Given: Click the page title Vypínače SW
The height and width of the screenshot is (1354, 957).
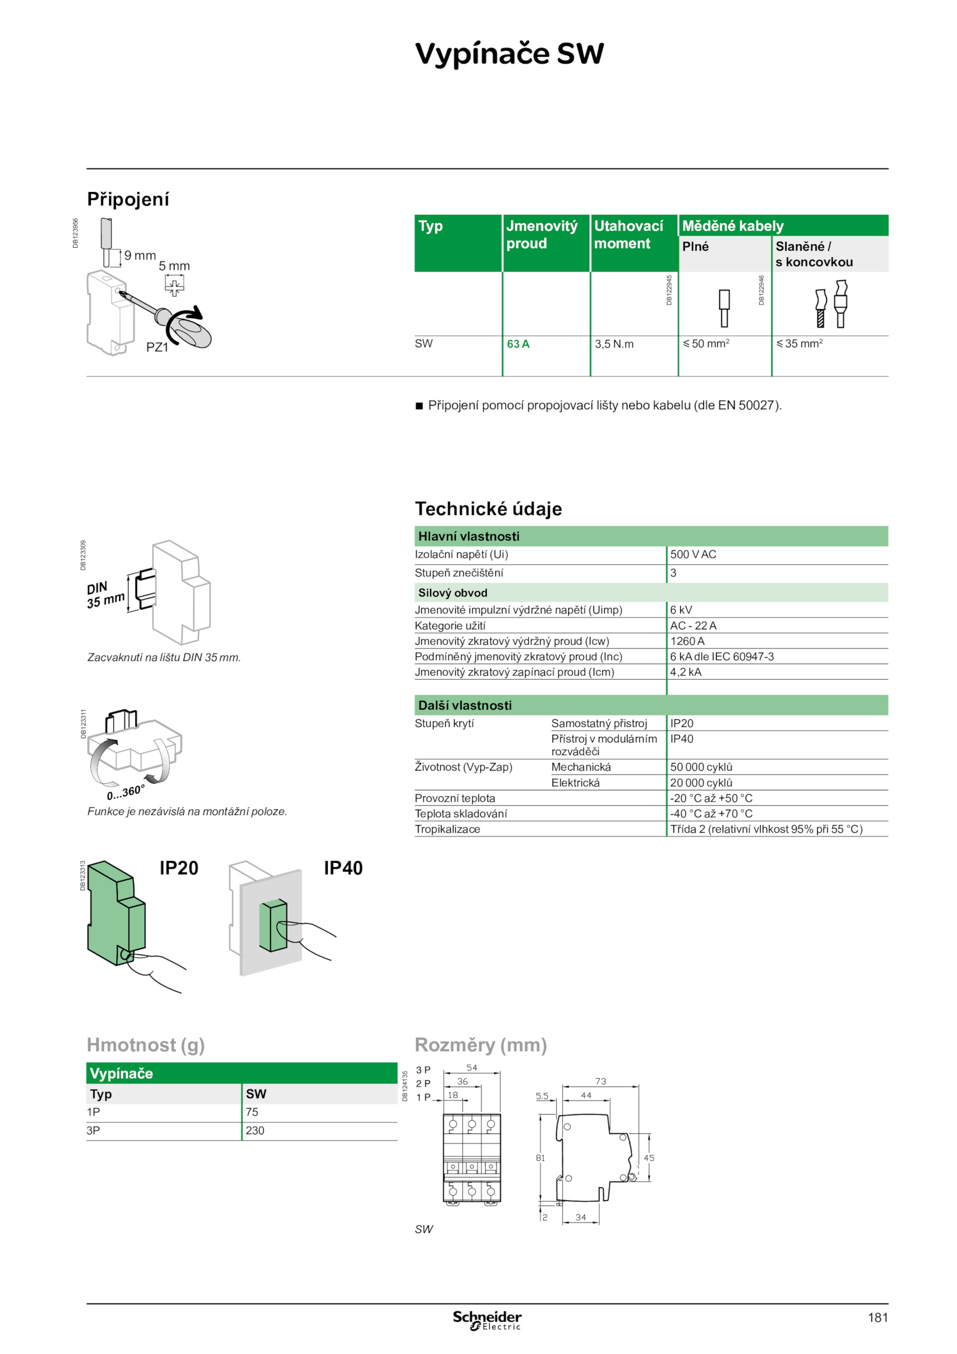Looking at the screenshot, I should pos(509,54).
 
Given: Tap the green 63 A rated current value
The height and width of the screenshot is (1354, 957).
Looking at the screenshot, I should pos(518,344).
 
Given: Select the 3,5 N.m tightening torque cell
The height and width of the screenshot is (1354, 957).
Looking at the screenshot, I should pos(614,344).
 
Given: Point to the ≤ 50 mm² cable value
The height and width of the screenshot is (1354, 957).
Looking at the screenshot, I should pos(706,343).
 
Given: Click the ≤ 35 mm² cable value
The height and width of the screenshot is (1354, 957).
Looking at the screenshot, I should pos(799,343).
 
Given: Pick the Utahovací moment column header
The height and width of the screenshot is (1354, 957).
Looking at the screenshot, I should pos(628,235).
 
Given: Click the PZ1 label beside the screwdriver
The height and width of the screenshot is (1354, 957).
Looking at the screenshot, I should pos(157,347).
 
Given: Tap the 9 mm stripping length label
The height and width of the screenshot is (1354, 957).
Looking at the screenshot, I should pos(140,255).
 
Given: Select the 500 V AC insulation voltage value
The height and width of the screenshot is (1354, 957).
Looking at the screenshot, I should pos(693,555).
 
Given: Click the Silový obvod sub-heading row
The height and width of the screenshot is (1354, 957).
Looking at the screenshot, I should pos(453,593).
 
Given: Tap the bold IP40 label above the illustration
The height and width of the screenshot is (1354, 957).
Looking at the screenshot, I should pos(343,868).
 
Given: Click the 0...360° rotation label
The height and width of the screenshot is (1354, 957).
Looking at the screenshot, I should pos(126,793).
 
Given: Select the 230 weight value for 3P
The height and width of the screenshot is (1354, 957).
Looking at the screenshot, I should pos(255,1131).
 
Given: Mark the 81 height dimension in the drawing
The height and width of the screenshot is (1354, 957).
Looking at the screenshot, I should pos(540,1158).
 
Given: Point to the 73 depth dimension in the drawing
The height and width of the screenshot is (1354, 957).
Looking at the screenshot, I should pos(601,1082).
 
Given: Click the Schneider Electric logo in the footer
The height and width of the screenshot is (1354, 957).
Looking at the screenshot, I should pos(487,1320).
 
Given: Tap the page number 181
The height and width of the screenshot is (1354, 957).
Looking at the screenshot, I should pos(877,1318).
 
